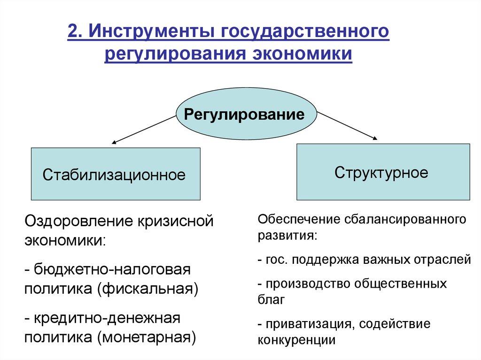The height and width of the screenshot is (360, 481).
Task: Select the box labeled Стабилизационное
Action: click(115, 174)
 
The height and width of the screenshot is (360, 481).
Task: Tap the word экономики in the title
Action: click(303, 54)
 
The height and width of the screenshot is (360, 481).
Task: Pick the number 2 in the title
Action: click(73, 34)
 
